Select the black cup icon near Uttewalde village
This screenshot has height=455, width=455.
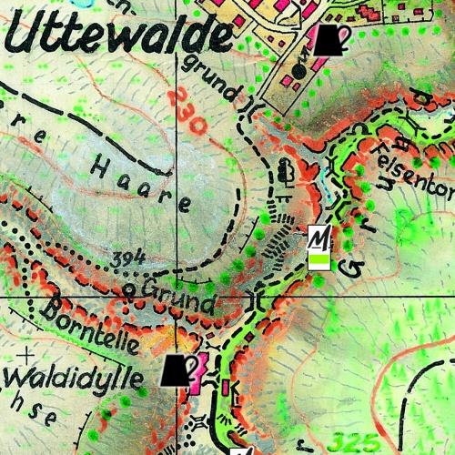click(x=329, y=40)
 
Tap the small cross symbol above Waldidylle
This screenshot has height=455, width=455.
click(x=28, y=351)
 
